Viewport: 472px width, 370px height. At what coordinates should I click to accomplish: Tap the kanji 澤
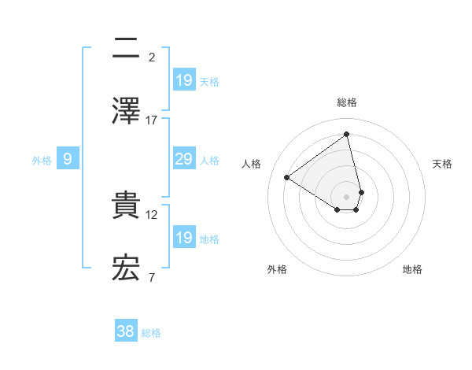pos(126,110)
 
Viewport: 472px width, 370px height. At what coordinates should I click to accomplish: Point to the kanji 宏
pos(126,268)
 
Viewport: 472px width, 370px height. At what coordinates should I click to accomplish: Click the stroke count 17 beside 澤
pos(152,120)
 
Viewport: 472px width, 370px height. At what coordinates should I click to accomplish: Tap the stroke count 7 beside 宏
pos(152,277)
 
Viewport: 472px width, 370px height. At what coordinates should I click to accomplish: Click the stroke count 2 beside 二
pos(152,57)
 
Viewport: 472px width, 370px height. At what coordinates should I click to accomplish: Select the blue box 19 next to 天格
pos(183,80)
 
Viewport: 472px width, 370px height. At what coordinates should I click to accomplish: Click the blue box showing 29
pos(183,159)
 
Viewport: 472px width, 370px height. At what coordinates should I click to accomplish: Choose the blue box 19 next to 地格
pos(183,238)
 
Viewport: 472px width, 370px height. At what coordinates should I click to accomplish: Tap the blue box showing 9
pos(68,159)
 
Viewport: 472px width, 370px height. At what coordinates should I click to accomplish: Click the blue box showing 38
pos(125,331)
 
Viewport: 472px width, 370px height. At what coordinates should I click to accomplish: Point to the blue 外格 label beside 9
pos(42,160)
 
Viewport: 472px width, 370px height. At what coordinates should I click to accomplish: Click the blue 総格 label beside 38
pos(151,333)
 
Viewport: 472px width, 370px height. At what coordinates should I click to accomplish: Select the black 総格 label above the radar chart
pos(347,102)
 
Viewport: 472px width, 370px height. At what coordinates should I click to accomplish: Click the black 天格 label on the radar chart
pos(442,164)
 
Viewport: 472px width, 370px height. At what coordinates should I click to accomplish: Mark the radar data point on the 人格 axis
pos(287,177)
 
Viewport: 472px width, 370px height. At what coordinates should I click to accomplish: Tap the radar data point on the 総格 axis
pos(347,135)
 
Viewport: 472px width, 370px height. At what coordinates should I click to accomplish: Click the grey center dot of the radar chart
pos(347,196)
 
